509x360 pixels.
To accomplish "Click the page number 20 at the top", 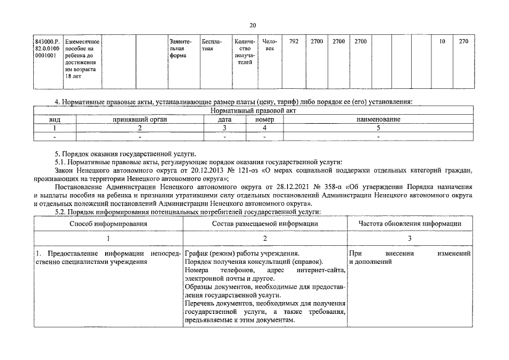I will pyautogui.click(x=253, y=25).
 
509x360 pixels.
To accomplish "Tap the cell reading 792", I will pyautogui.click(x=294, y=42).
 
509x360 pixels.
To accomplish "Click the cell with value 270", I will pyautogui.click(x=463, y=42).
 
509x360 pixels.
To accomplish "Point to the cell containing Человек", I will pyautogui.click(x=271, y=46).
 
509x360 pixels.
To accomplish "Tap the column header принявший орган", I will pyautogui.click(x=140, y=120).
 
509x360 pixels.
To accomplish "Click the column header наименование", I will pyautogui.click(x=377, y=120).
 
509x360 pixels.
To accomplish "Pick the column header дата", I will pyautogui.click(x=224, y=120).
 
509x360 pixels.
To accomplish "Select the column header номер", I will pyautogui.click(x=264, y=120).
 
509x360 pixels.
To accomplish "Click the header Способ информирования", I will pyautogui.click(x=108, y=223).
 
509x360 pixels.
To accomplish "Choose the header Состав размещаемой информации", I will pyautogui.click(x=264, y=223).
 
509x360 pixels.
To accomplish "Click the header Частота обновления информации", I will pyautogui.click(x=410, y=223).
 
